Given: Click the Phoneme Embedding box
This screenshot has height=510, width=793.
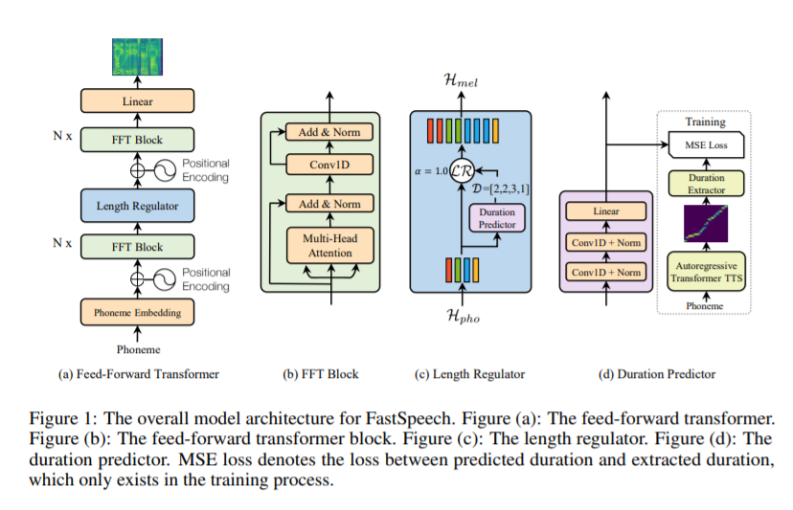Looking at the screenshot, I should click(138, 312).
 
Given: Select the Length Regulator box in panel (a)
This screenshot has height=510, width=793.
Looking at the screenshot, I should click(138, 205).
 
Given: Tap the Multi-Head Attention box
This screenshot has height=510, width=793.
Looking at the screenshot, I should click(329, 246).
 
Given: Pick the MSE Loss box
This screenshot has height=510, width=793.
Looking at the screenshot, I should click(706, 144).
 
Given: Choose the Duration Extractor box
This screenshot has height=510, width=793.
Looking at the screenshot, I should click(706, 184).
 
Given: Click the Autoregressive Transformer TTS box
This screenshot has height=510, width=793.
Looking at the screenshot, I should click(706, 273).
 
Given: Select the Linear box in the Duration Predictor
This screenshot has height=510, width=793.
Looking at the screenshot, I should click(606, 211).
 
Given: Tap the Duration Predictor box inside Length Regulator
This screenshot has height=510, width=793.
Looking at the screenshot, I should click(495, 218).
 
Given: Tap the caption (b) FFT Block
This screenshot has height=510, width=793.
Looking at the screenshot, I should click(322, 374).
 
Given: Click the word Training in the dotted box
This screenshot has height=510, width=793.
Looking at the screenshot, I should click(706, 122).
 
